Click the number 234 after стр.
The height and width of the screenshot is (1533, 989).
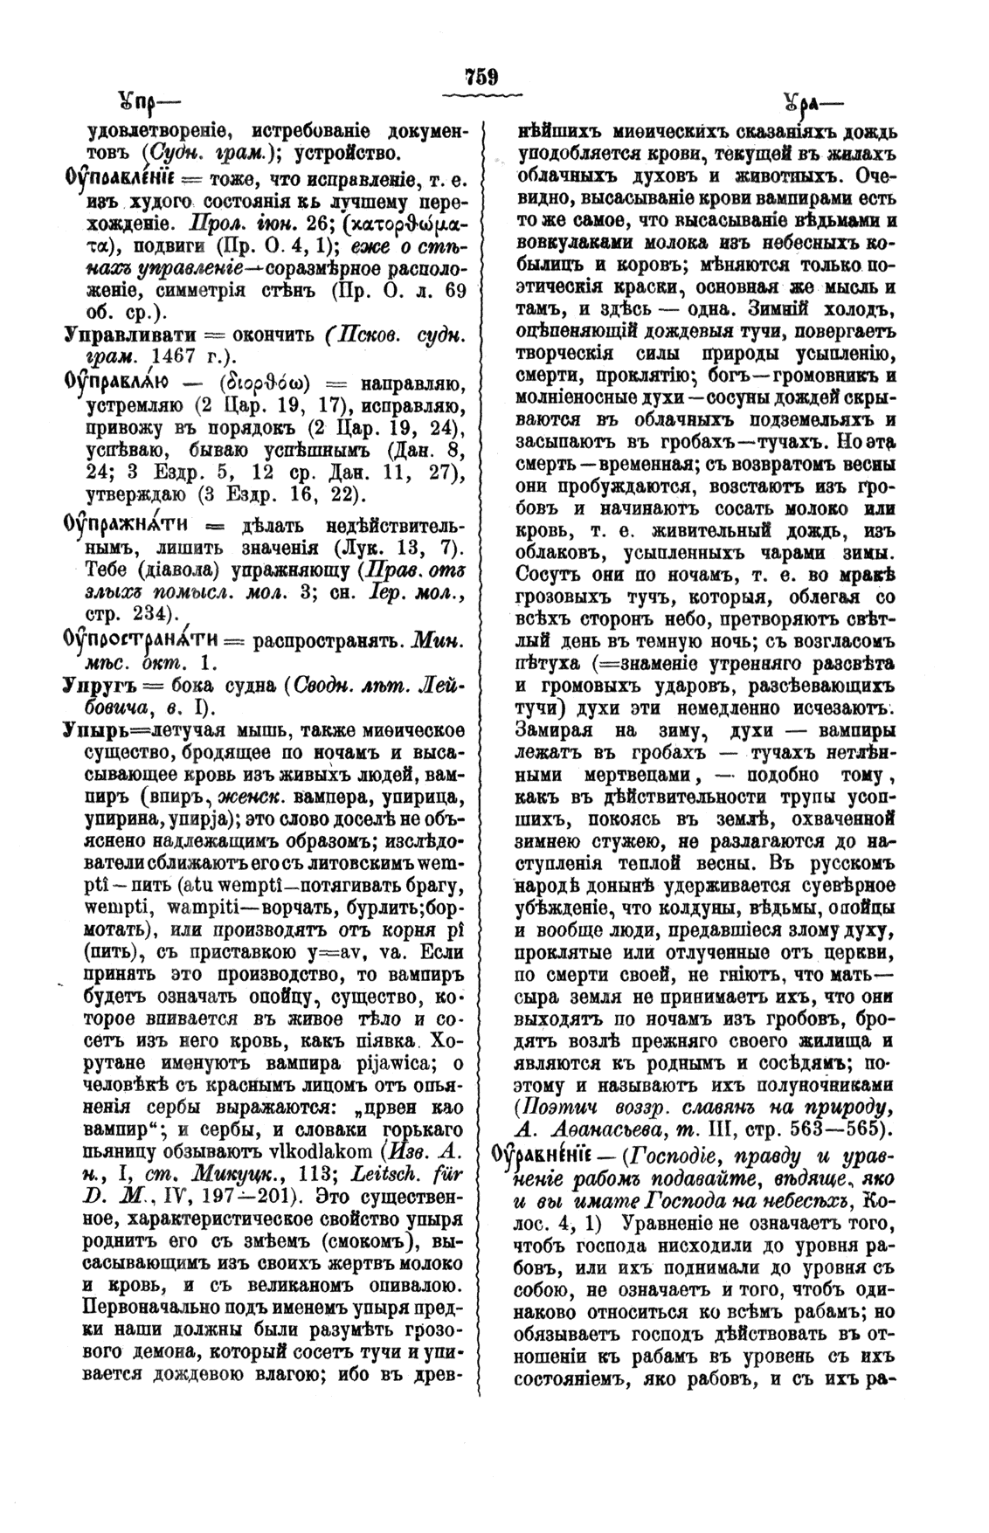point(152,611)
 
